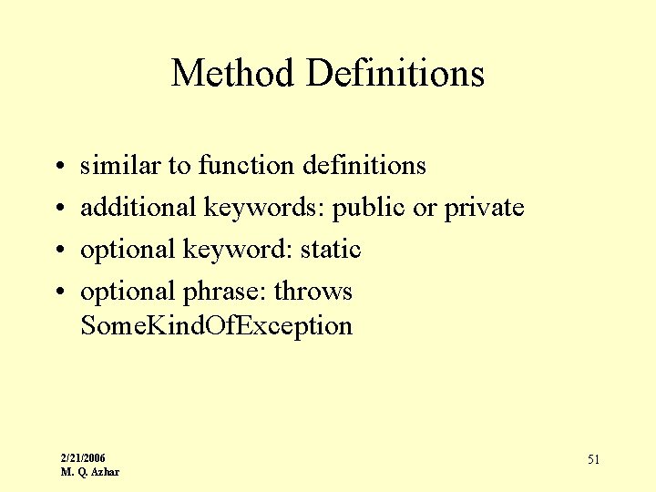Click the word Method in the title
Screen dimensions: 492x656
point(232,73)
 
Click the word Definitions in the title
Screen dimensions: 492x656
point(395,73)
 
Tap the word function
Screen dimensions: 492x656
point(243,165)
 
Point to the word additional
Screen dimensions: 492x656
point(138,207)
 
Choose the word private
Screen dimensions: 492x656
point(484,208)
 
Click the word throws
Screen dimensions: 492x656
point(313,291)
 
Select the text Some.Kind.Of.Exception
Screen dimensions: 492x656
point(216,325)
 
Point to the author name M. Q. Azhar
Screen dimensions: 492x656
point(89,471)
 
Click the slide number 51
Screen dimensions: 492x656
point(593,459)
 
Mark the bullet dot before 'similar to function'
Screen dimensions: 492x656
point(57,167)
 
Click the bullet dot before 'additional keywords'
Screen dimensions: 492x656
point(57,209)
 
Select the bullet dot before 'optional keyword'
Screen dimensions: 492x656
point(57,251)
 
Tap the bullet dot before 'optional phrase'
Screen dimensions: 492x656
point(57,292)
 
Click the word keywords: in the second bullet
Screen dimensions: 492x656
point(263,208)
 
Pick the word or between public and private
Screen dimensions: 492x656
point(425,208)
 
